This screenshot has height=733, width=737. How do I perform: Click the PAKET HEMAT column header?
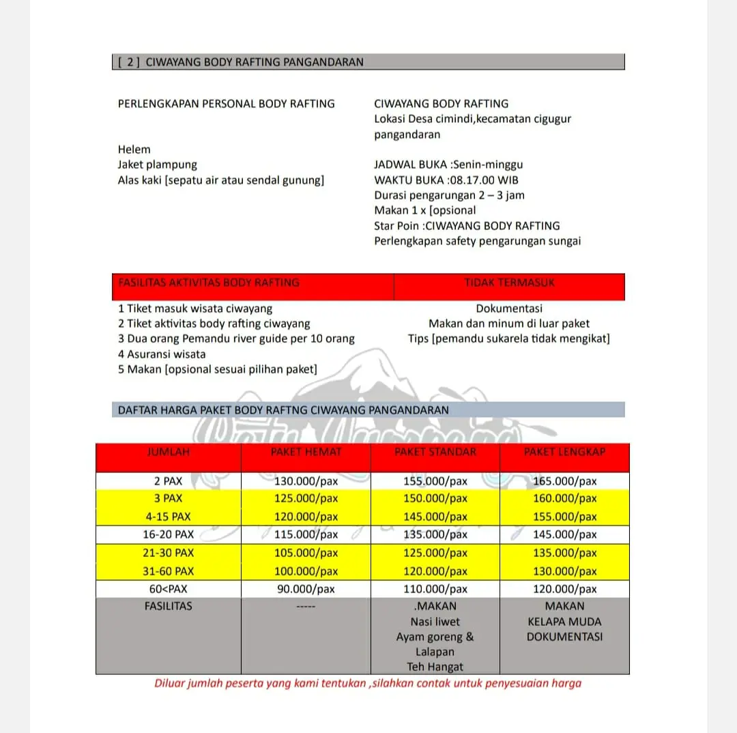(306, 452)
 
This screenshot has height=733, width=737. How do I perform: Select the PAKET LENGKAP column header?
(564, 452)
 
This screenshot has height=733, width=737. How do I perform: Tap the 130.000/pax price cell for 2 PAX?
(306, 481)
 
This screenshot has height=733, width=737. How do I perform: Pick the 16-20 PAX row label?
(168, 534)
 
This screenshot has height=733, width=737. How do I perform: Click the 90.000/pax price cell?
(306, 589)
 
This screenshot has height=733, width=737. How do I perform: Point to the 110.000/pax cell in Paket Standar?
(435, 589)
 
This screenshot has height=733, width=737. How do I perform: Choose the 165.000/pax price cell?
(564, 481)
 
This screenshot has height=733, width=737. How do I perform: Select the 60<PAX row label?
(168, 589)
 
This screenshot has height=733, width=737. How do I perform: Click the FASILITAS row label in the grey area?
(168, 606)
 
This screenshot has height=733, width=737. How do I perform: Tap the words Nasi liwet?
(435, 622)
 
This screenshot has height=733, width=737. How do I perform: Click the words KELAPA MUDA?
(564, 622)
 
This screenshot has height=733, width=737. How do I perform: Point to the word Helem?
(134, 149)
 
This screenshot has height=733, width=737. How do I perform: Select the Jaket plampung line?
(157, 164)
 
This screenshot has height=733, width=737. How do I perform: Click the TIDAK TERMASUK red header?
(509, 283)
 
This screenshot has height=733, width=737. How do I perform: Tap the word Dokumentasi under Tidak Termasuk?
(509, 308)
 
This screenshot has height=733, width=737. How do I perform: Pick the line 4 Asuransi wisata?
(162, 354)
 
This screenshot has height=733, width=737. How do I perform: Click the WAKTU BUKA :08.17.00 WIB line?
(446, 180)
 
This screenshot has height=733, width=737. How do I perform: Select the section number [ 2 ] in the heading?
(129, 62)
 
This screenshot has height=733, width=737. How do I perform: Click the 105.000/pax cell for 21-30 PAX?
(306, 553)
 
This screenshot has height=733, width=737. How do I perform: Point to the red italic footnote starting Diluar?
(368, 683)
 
